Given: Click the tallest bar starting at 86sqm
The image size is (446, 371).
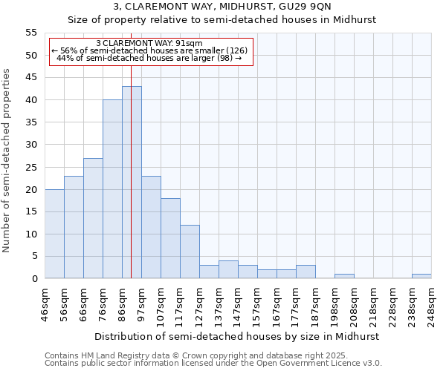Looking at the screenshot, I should [x=132, y=183].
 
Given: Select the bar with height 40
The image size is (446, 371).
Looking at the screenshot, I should [x=112, y=189].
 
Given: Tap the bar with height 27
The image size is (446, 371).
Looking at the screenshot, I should [x=93, y=218].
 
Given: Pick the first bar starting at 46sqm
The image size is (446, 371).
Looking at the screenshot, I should [x=54, y=234].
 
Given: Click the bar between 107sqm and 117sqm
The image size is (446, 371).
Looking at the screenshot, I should [x=170, y=238].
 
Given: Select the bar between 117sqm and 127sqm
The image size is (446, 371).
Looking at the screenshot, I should [x=190, y=252].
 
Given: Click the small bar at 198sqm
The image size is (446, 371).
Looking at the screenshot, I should [x=344, y=276].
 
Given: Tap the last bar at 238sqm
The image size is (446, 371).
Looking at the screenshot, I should [x=421, y=276].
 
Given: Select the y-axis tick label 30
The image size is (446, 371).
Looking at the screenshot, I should [x=31, y=145].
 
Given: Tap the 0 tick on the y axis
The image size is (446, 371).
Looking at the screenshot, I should [x=34, y=279].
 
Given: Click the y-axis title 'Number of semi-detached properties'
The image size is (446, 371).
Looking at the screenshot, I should [x=7, y=160].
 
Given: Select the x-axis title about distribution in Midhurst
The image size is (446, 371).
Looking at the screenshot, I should [x=238, y=336].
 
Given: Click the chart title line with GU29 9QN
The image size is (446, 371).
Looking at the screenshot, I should [x=222, y=7].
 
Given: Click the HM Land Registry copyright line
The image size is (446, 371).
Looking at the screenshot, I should [x=195, y=355].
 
